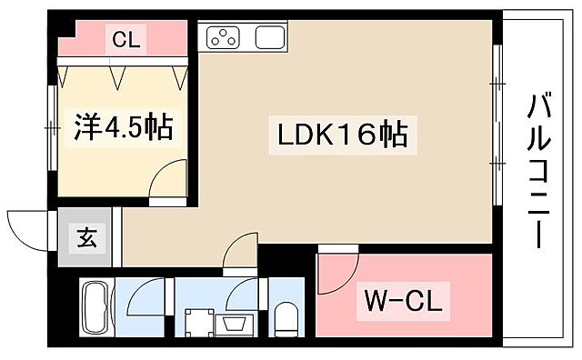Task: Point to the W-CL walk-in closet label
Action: pos(403,303)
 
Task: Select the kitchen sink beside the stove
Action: pos(270,37)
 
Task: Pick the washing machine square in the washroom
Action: pos(196,323)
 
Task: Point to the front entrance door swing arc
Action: pos(27,227)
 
